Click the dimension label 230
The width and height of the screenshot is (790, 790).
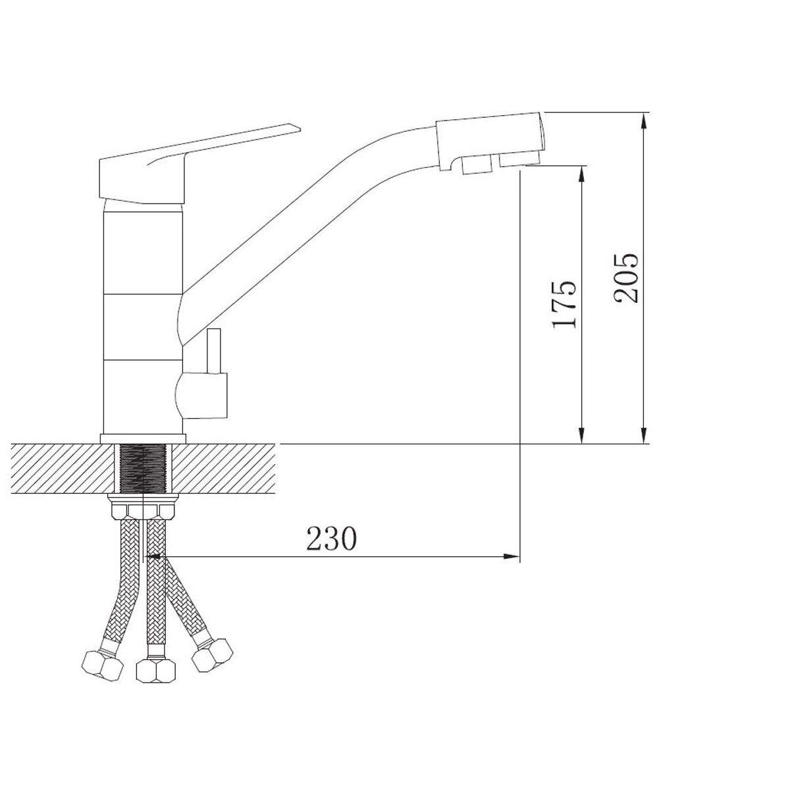[x=332, y=539]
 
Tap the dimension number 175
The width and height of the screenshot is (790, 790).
[x=564, y=305]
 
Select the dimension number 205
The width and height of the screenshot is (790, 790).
[x=627, y=278]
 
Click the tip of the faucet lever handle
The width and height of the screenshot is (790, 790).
[x=300, y=130]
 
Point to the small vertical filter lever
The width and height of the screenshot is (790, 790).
[x=214, y=352]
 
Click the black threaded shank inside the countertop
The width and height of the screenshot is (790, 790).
[x=143, y=469]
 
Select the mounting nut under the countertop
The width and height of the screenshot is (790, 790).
[x=143, y=506]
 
